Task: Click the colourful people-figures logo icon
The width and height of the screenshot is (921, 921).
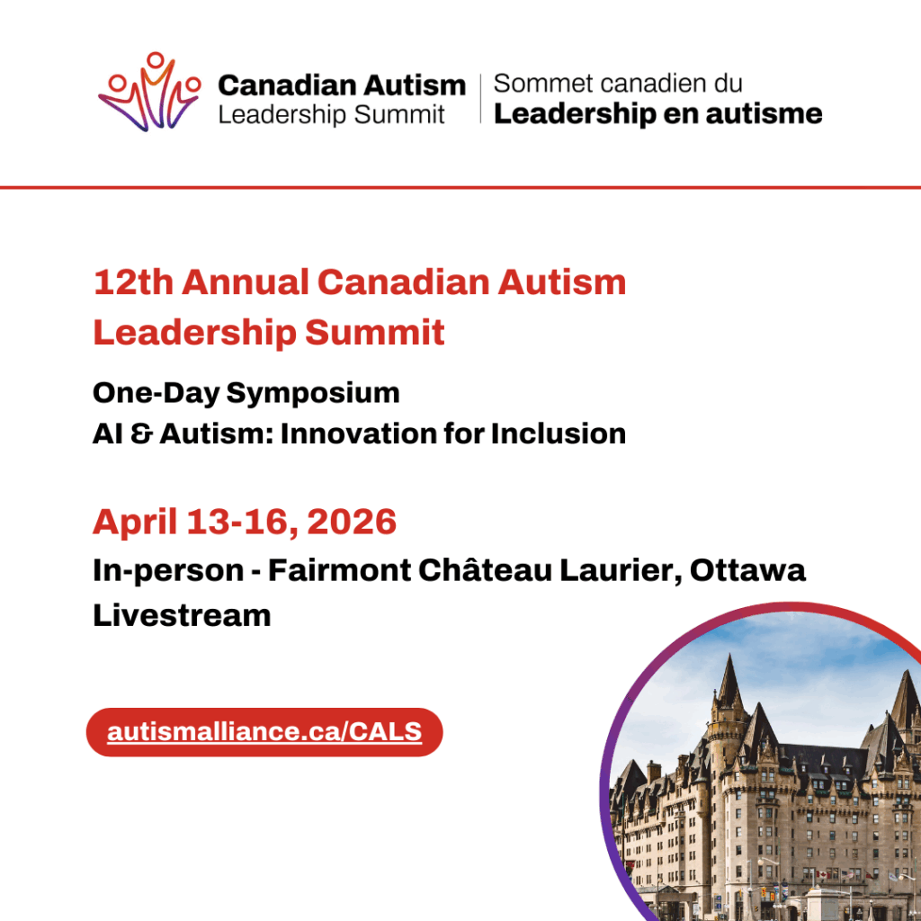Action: (x=149, y=94)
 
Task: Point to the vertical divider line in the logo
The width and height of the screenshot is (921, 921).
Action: (x=480, y=99)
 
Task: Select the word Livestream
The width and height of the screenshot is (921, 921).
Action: (x=182, y=616)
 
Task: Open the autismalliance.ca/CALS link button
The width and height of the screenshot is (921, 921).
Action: (x=264, y=732)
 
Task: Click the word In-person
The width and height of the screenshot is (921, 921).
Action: (x=167, y=571)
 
